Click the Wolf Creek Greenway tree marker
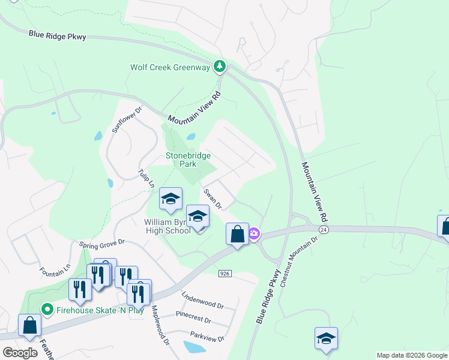pyautogui.click(x=220, y=66)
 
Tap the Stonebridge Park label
pyautogui.click(x=188, y=160)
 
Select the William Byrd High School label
pyautogui.click(x=167, y=226)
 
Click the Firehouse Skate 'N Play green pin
pyautogui.click(x=46, y=310)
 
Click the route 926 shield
pyautogui.click(x=225, y=274)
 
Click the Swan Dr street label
pyautogui.click(x=212, y=199)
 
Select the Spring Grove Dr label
pyautogui.click(x=101, y=243)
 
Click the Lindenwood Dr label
pyautogui.click(x=203, y=301)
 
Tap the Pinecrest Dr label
pyautogui.click(x=193, y=316)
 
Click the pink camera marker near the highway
pyautogui.click(x=254, y=233)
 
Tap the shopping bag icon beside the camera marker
pyautogui.click(x=237, y=234)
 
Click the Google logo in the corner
pyautogui.click(x=20, y=353)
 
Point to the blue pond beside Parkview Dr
pyautogui.click(x=194, y=347)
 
